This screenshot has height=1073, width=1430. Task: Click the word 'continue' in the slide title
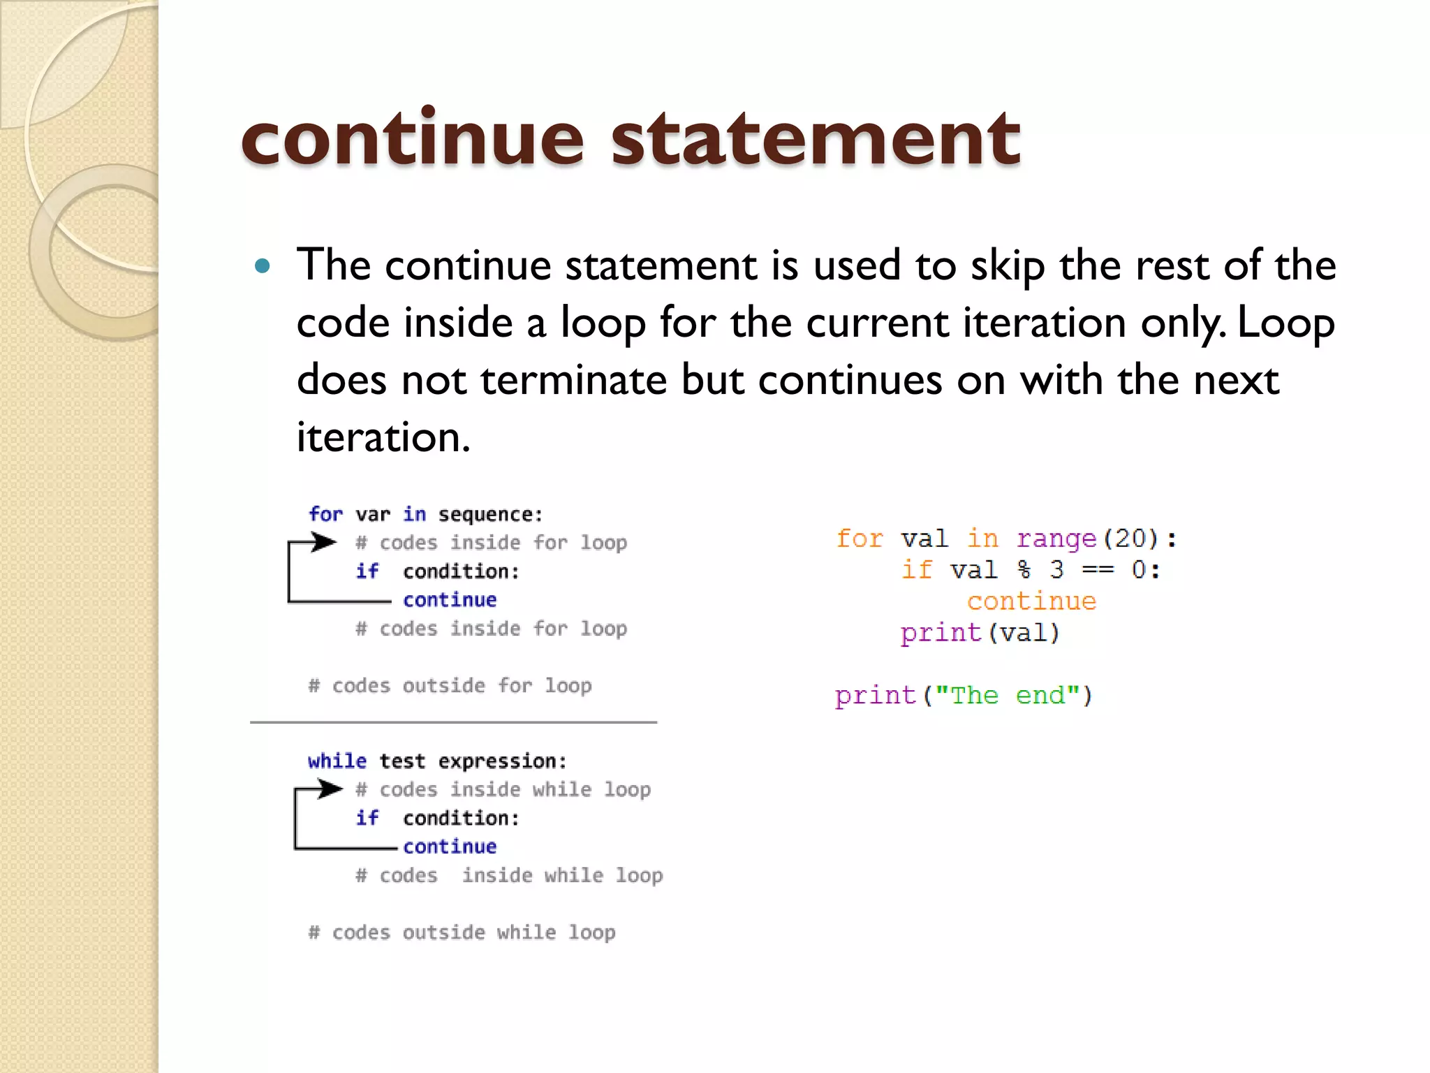[412, 140]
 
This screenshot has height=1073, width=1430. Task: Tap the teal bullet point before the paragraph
[263, 266]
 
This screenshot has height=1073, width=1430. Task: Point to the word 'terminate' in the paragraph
[573, 381]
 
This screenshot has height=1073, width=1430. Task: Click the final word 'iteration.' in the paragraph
[383, 438]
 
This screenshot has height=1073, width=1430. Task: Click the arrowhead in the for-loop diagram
[324, 541]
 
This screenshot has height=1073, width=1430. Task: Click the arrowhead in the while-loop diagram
[330, 789]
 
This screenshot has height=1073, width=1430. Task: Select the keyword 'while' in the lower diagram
[337, 761]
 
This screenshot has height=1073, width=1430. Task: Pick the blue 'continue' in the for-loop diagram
[450, 600]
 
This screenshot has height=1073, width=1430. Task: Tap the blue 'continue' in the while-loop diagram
[450, 847]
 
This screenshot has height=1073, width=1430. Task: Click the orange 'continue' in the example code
[1031, 601]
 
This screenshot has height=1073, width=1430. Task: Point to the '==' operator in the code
[1097, 570]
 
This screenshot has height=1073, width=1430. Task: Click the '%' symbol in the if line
[1024, 570]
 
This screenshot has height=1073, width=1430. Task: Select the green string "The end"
[1007, 696]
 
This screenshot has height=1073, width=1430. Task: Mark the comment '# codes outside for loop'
[450, 686]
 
